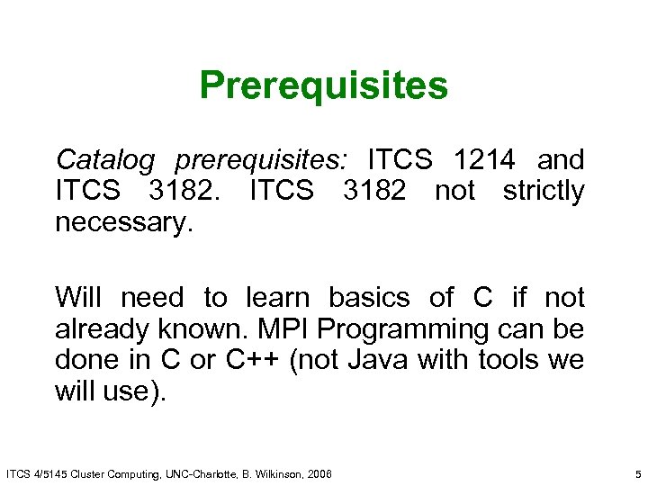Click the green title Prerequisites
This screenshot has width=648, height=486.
pos(323,86)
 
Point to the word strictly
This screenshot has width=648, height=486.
pos(544,192)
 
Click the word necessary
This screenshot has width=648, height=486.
pos(123,223)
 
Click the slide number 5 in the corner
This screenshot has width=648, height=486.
pos(636,473)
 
